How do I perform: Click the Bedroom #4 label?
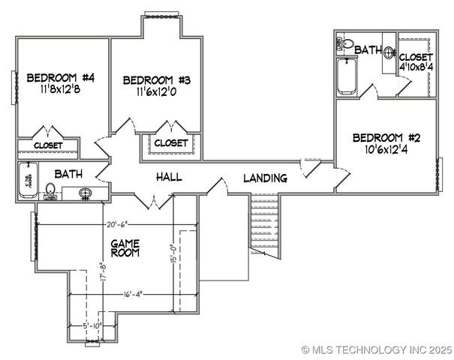pos(61,77)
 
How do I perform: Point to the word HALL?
pos(169,177)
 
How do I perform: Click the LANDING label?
pos(265,178)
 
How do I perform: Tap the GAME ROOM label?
pos(125,248)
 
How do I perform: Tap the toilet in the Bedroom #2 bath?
pos(344,45)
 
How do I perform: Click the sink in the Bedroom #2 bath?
pos(389,52)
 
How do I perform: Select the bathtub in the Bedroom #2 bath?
pos(346,76)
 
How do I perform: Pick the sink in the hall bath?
pos(86,194)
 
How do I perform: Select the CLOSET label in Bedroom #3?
pos(170,142)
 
